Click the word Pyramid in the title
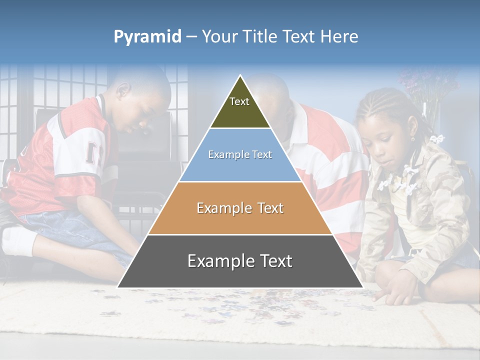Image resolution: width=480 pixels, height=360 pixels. (x=147, y=37)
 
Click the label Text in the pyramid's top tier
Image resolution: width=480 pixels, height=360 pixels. (x=239, y=101)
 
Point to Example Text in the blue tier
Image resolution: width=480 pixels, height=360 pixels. (x=240, y=154)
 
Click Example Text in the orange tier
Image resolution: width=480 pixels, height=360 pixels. (x=240, y=208)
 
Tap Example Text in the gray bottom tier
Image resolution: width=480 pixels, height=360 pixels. (x=240, y=261)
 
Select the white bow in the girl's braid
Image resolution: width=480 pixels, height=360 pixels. (x=437, y=138)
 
